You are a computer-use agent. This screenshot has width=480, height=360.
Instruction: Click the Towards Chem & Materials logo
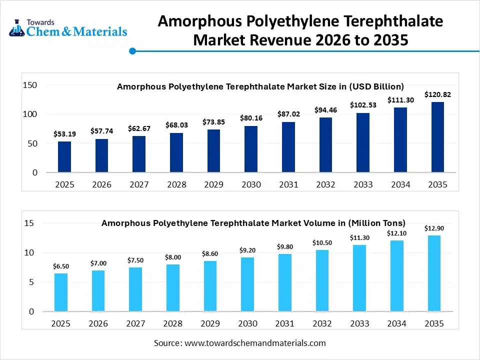click(68, 27)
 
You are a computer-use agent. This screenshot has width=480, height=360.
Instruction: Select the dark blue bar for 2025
click(64, 157)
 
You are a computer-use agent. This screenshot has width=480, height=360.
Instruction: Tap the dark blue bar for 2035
click(438, 137)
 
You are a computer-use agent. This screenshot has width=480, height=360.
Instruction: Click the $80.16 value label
click(251, 118)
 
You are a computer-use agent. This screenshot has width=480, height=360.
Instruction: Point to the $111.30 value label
click(400, 100)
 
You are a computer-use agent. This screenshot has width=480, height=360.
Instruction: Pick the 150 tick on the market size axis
click(30, 85)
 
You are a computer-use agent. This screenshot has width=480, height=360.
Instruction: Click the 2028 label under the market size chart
click(176, 184)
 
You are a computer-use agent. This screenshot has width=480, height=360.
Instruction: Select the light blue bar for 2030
click(247, 284)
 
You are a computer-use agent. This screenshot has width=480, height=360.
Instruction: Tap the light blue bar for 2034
click(396, 276)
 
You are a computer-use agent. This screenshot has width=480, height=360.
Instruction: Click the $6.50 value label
click(61, 266)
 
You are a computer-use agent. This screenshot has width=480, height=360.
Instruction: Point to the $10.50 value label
click(322, 243)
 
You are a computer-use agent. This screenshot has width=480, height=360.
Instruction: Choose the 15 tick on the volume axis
click(29, 223)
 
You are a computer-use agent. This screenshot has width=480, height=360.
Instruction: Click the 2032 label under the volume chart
click(322, 323)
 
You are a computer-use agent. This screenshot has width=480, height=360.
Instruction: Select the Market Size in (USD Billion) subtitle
click(260, 86)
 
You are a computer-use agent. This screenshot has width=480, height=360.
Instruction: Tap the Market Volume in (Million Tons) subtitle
click(253, 223)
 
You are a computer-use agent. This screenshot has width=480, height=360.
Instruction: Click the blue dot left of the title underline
click(132, 50)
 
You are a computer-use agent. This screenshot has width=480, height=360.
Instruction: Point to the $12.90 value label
click(434, 228)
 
